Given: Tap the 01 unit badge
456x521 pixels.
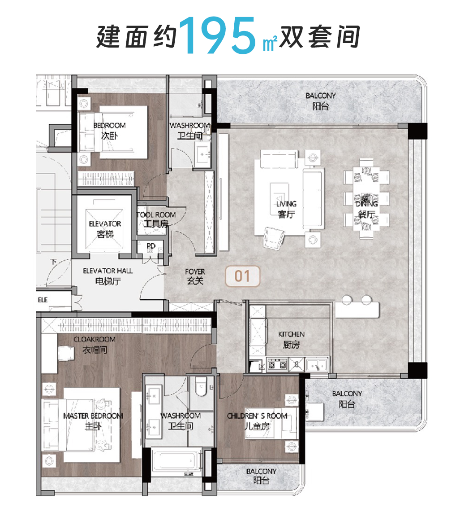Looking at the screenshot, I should [x=242, y=276].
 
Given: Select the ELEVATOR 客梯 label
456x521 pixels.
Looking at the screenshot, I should [x=105, y=228].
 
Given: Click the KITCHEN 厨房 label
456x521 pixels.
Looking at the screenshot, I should [x=291, y=340].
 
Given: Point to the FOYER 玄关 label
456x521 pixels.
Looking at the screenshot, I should [x=195, y=276].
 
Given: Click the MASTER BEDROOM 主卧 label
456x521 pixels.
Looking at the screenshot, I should [x=93, y=421].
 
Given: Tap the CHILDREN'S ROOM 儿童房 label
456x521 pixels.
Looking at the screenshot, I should [x=257, y=421].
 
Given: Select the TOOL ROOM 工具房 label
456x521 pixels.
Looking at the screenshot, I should [x=156, y=219].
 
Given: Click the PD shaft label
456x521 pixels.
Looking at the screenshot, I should [x=151, y=246].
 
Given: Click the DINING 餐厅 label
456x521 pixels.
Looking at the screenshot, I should [x=366, y=209].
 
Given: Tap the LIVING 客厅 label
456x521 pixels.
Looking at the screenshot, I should [x=286, y=209].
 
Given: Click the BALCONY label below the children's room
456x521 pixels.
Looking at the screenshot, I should [x=261, y=476].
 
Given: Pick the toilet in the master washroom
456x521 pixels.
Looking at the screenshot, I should [x=200, y=386].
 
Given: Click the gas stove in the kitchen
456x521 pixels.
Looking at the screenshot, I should [x=277, y=365].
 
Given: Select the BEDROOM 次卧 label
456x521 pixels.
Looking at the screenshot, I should [x=109, y=130].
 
